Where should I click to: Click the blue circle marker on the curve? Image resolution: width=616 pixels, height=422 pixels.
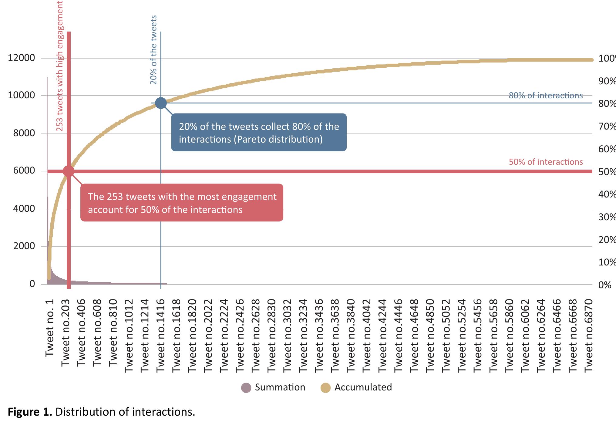[x=161, y=103]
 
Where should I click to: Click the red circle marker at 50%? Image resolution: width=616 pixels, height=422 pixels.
[x=69, y=171]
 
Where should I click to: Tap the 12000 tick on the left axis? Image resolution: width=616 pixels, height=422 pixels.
[x=21, y=58]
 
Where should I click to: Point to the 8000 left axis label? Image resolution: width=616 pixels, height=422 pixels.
[x=24, y=133]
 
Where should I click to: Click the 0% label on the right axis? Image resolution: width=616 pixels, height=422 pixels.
[x=604, y=285]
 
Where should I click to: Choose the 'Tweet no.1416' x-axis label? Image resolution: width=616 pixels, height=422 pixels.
[x=160, y=335]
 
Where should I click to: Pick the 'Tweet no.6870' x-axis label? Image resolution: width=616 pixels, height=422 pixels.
[x=588, y=335]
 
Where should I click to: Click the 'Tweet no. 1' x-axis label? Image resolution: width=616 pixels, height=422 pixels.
[x=49, y=328]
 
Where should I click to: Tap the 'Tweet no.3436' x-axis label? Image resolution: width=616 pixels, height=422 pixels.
[x=319, y=335]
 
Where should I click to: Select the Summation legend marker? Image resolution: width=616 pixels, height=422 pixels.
[x=246, y=388]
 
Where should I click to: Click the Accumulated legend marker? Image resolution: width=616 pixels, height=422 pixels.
[x=325, y=388]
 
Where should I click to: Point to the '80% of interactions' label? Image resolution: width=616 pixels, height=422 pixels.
[x=546, y=96]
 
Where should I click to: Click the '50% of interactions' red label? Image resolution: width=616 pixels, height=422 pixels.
[x=546, y=162]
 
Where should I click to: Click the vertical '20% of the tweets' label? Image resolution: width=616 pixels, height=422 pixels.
[x=153, y=50]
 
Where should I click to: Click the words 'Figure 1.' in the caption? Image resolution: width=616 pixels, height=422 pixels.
[x=30, y=412]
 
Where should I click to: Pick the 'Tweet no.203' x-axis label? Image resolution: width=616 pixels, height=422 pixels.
[x=65, y=333]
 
